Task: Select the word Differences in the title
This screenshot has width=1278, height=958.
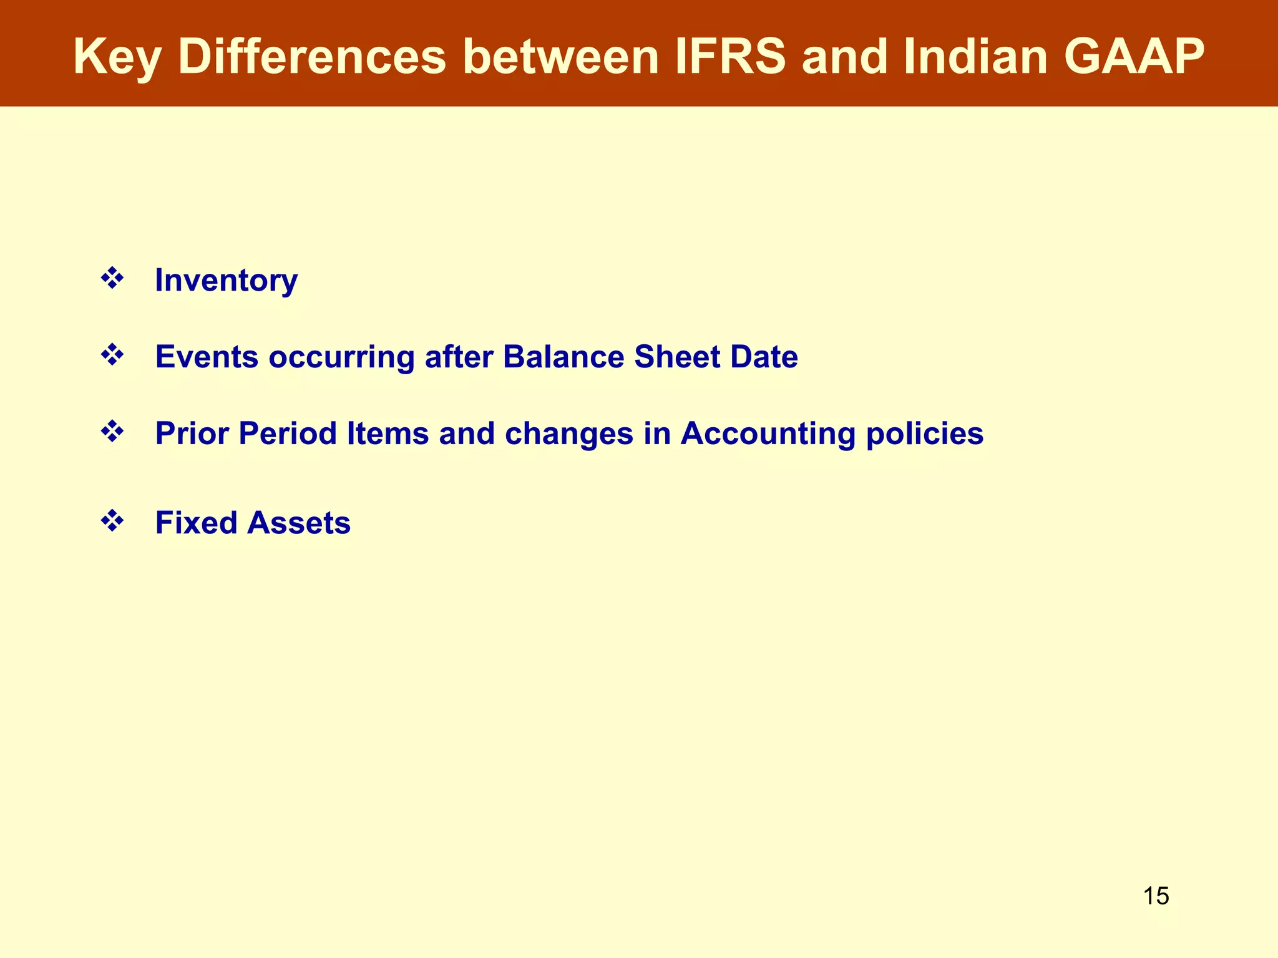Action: pyautogui.click(x=312, y=57)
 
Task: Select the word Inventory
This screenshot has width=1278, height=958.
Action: pyautogui.click(x=226, y=280)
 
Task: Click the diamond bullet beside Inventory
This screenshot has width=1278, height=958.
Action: pyautogui.click(x=112, y=278)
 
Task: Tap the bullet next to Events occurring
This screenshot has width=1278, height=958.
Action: pyautogui.click(x=112, y=355)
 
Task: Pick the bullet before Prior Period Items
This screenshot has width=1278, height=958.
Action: pyautogui.click(x=112, y=432)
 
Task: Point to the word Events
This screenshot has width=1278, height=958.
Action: pyautogui.click(x=207, y=357)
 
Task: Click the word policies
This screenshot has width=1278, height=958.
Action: pyautogui.click(x=924, y=433)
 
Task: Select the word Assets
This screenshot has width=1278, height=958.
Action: pyautogui.click(x=299, y=523)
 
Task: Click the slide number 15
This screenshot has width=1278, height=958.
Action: pyautogui.click(x=1156, y=896)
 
